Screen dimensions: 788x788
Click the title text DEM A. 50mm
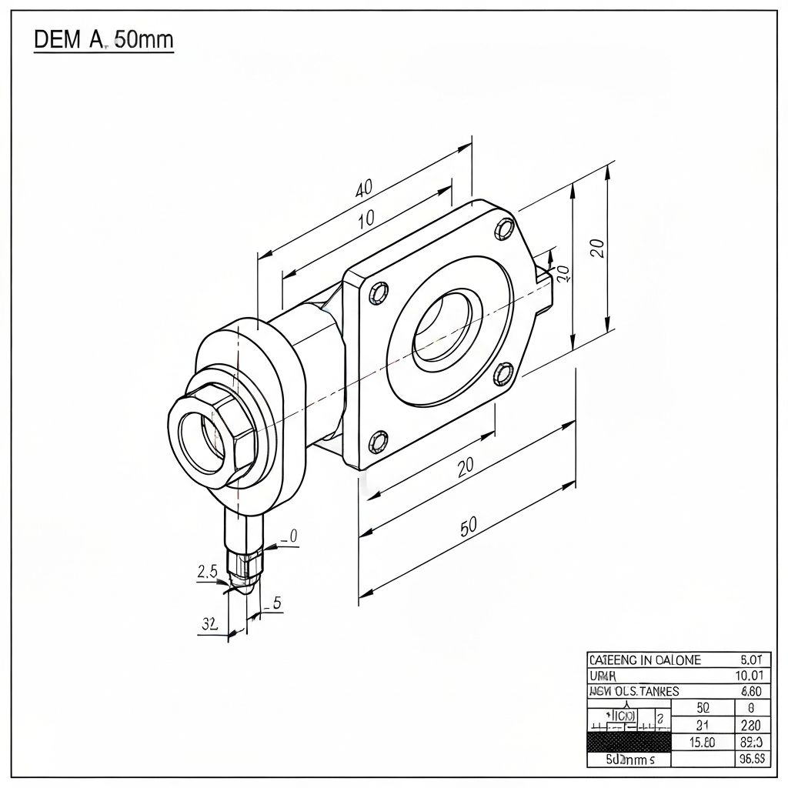104,40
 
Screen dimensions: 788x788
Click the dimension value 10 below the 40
366,218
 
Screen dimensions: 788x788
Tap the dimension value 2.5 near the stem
208,571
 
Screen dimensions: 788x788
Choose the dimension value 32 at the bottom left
210,623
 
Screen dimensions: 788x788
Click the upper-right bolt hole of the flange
506,229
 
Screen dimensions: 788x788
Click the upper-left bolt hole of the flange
379,292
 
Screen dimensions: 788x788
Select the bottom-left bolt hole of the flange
377,441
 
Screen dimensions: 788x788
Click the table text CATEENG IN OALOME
645,660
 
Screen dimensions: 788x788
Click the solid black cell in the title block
629,743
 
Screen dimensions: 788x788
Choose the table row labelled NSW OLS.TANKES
633,691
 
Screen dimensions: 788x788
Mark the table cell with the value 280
750,725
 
